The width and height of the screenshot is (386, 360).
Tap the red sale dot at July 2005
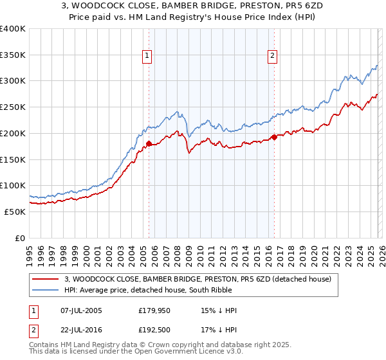(149, 144)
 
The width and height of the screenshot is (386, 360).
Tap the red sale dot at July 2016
(273, 137)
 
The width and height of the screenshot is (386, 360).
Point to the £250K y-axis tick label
(13, 107)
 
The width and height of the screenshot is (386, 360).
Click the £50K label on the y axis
(15, 212)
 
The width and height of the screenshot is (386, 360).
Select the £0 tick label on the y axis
(21, 238)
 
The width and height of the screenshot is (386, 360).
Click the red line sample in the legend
(46, 279)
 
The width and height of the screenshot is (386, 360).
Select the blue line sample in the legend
(46, 290)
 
